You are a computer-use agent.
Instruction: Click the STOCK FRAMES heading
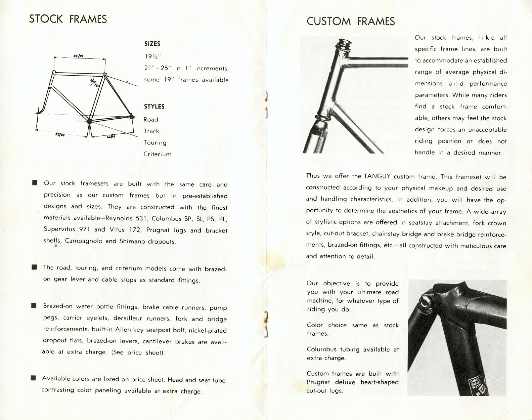tap(68, 19)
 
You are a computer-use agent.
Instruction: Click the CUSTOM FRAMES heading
tap(350, 22)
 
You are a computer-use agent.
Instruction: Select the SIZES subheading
tap(152, 44)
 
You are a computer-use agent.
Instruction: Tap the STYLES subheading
tap(154, 107)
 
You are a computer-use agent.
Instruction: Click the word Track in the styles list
tap(151, 131)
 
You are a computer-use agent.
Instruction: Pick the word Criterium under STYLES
tap(157, 154)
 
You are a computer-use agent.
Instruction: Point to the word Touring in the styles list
tap(155, 142)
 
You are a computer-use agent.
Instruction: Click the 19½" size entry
tap(151, 56)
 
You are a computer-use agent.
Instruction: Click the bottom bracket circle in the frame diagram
tap(89, 121)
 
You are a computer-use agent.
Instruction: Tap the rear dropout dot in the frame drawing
tap(132, 117)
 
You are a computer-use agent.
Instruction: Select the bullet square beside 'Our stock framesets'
tap(35, 183)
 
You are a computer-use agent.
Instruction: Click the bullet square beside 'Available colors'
tap(33, 378)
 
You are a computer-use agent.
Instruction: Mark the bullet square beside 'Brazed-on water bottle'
tap(34, 305)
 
